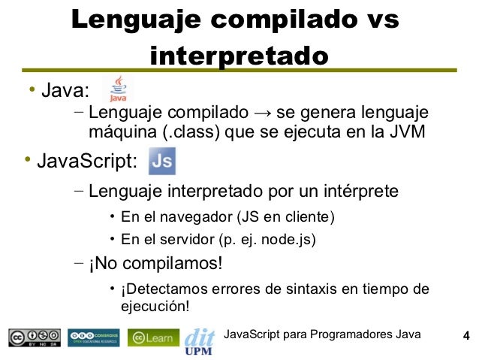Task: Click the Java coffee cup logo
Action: [x=118, y=89]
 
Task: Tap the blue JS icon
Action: [x=162, y=161]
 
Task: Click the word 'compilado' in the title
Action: [x=285, y=20]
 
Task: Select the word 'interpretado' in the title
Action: [x=239, y=56]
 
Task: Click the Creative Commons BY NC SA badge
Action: [x=35, y=337]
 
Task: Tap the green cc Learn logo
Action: [x=153, y=337]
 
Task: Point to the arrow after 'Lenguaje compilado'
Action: [x=262, y=114]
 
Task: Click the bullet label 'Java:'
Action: [x=65, y=92]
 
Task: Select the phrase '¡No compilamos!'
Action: [x=155, y=264]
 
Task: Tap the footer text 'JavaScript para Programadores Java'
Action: [x=323, y=334]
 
